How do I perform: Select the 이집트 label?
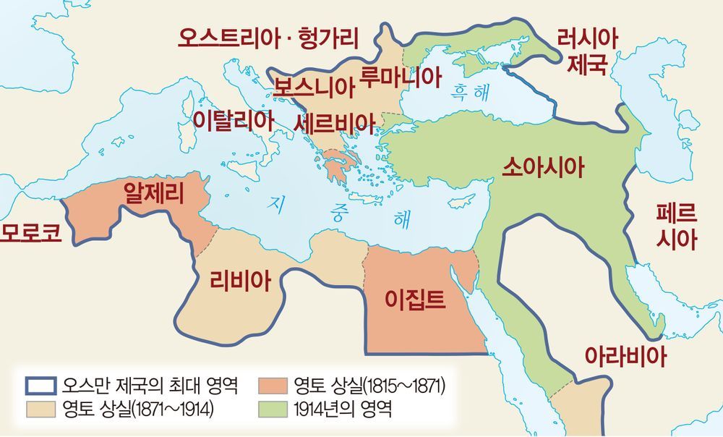click(x=415, y=298)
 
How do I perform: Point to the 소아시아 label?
click(x=542, y=168)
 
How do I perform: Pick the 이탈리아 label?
click(x=233, y=120)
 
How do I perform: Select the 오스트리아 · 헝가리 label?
click(x=273, y=38)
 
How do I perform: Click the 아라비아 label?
click(x=625, y=355)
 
